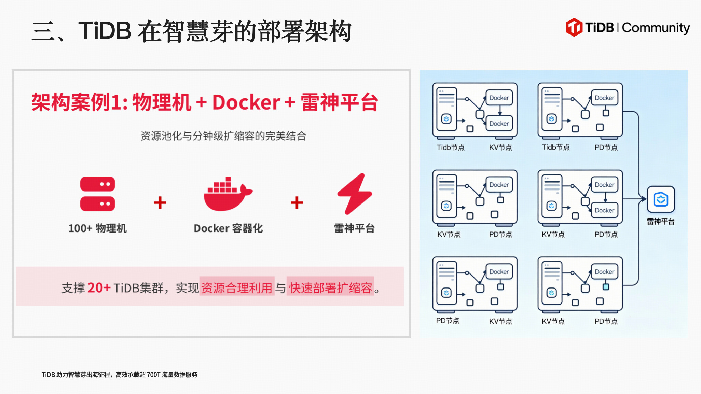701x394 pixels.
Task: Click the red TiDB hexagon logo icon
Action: point(574,27)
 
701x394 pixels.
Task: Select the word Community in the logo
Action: point(656,28)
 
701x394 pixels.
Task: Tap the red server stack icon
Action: point(98,194)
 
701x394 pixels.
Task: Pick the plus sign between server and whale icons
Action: point(160,202)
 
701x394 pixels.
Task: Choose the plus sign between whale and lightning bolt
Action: point(297,202)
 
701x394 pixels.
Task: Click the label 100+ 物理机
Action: point(98,228)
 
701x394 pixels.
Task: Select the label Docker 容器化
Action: point(228,228)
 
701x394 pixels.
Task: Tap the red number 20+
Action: point(99,288)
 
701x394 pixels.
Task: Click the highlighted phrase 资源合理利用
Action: point(237,288)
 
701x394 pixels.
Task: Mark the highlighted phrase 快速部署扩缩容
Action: point(330,288)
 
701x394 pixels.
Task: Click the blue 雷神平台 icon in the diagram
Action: point(661,199)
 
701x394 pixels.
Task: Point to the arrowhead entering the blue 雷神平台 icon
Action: point(644,199)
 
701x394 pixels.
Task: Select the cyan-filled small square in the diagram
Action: point(606,287)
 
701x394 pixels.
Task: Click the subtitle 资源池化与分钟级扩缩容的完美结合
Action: point(223,136)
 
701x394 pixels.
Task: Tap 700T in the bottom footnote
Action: point(153,375)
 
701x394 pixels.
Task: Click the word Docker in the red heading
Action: point(246,102)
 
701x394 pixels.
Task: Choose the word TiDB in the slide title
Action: point(105,31)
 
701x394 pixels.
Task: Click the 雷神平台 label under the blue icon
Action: point(661,221)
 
